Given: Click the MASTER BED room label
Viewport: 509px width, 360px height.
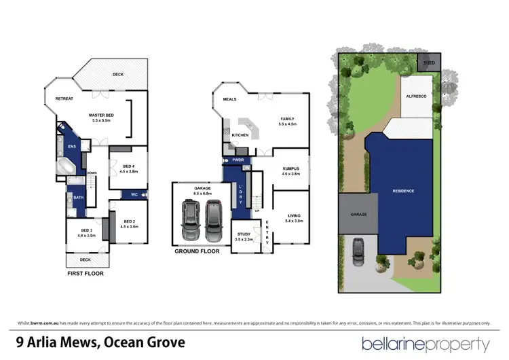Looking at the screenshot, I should (x=101, y=115).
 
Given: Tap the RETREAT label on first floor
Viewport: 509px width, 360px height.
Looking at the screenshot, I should (x=64, y=98).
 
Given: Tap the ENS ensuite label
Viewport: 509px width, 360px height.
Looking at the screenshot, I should (x=72, y=145).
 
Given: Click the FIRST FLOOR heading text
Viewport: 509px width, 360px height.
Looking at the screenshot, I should (x=86, y=274).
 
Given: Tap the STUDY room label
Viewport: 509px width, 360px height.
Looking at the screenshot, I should (x=243, y=236).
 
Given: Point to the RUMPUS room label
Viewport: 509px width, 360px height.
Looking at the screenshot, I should (x=290, y=169).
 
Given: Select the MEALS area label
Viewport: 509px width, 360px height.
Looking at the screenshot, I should (x=229, y=98).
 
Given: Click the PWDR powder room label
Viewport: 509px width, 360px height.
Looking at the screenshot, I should (x=238, y=160).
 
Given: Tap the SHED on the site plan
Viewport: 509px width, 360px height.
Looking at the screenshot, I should (x=429, y=62).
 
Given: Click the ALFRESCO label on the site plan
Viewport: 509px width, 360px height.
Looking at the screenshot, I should (x=416, y=97).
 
